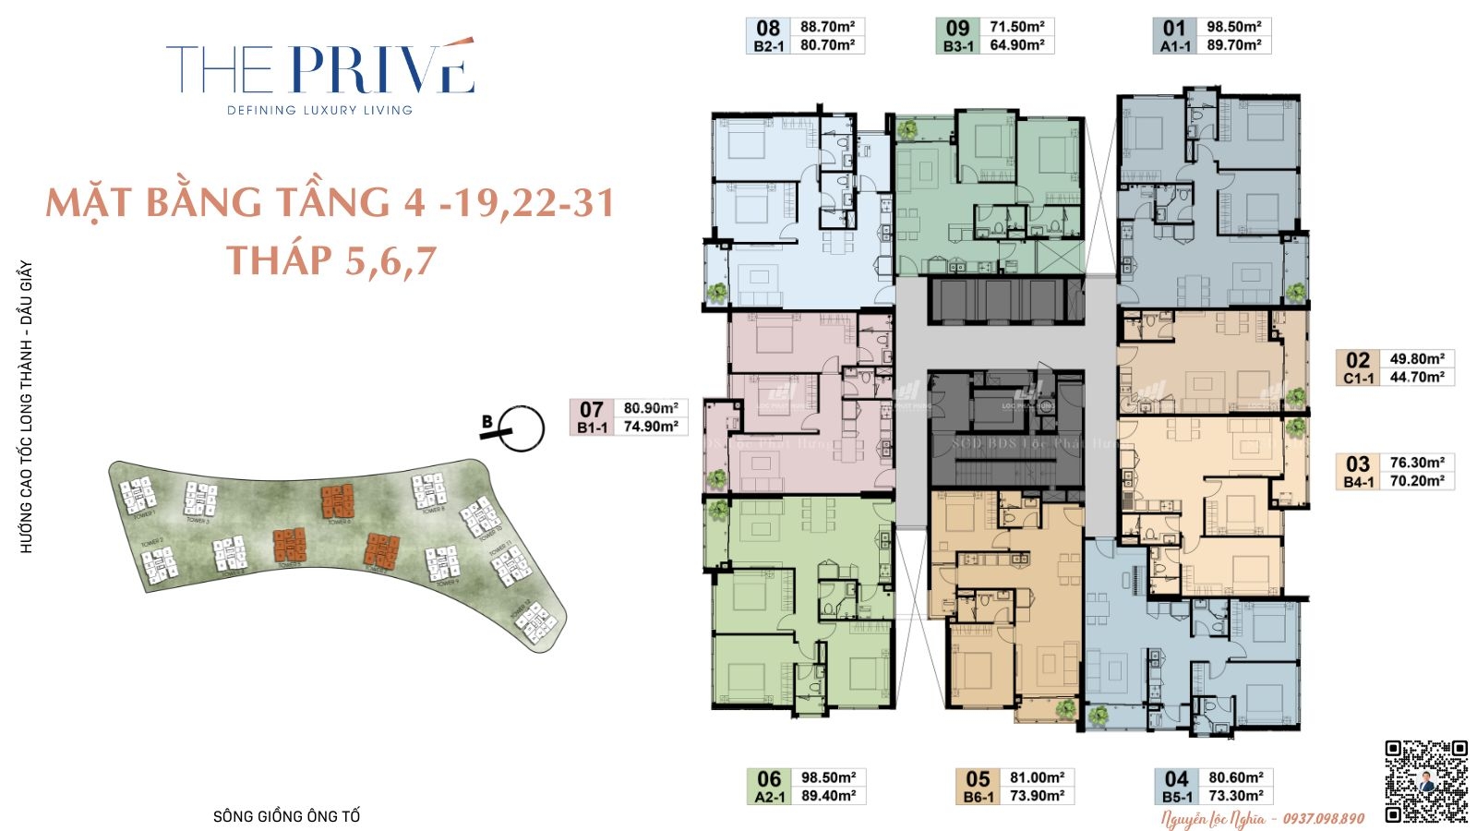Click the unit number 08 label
tap(768, 28)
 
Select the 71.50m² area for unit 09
tap(1017, 27)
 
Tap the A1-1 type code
tap(1175, 46)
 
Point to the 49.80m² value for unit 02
tap(1417, 359)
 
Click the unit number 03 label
tap(1357, 464)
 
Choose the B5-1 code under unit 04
tap(1177, 797)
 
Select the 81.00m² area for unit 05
tap(1037, 777)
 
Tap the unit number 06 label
tap(769, 779)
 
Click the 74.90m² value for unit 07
tap(651, 427)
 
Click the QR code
tap(1426, 781)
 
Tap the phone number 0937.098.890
tap(1322, 818)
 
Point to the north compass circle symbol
tap(523, 429)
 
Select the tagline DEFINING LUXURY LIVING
tap(320, 110)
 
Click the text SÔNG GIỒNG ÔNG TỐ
tap(286, 816)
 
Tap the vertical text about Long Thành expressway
tap(27, 407)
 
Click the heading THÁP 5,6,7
tap(331, 260)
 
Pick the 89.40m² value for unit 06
tap(828, 796)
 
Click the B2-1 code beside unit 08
tap(768, 46)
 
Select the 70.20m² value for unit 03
tap(1417, 481)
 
